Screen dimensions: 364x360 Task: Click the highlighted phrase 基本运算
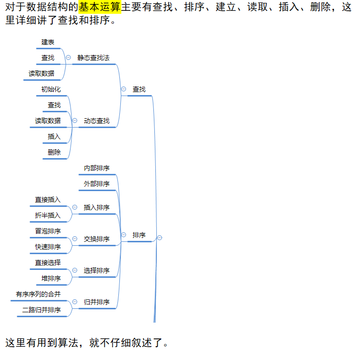[x=100, y=7]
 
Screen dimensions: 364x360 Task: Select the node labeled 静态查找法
[x=93, y=58]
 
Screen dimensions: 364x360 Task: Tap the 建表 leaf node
[x=48, y=42]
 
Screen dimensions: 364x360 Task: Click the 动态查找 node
[x=97, y=121]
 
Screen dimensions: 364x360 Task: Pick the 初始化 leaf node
[x=51, y=89]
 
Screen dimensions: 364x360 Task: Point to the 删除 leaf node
[x=54, y=152]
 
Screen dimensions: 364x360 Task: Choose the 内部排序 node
[x=97, y=168]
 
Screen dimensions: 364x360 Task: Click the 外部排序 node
[x=97, y=184]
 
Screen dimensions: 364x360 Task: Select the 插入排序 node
[x=97, y=207]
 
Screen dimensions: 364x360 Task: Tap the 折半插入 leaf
[x=48, y=215]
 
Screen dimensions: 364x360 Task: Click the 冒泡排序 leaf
[x=48, y=231]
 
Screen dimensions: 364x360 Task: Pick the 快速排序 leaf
[x=48, y=247]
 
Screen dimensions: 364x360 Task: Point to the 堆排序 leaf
[x=51, y=278]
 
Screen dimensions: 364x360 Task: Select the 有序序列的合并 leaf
[x=38, y=294]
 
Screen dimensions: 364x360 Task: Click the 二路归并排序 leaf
[x=41, y=310]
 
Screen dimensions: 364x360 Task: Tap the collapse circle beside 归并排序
[x=75, y=302]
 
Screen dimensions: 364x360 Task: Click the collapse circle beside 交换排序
[x=75, y=239]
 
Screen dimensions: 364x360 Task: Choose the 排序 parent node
[x=139, y=235]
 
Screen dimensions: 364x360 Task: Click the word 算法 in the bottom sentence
[x=68, y=343]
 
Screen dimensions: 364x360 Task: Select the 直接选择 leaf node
[x=48, y=263]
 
